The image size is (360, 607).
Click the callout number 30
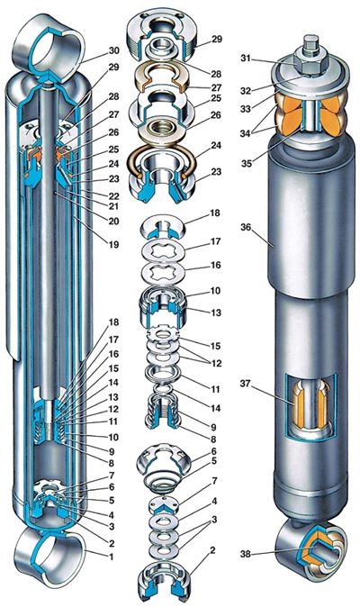tap(114, 50)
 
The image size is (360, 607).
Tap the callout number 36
tap(247, 227)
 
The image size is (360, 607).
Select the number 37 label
tap(246, 384)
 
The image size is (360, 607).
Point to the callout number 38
tap(246, 554)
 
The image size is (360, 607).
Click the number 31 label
tap(246, 58)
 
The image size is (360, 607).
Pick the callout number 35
tap(247, 163)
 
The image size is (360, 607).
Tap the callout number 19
tap(113, 244)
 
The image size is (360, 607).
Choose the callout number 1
tap(112, 557)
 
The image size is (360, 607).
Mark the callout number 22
tap(113, 193)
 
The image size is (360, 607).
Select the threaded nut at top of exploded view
tap(162, 33)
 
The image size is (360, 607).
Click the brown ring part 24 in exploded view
tap(162, 159)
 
